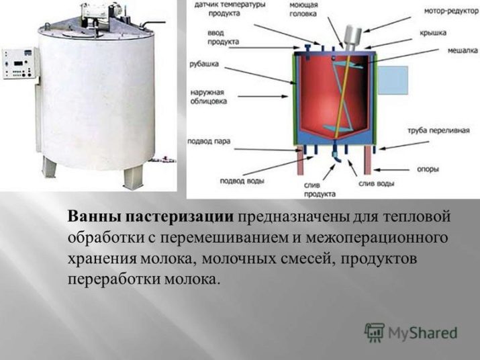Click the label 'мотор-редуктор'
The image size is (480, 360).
coord(451,11)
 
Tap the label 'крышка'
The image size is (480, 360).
coord(432,33)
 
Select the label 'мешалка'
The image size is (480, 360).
coord(463,50)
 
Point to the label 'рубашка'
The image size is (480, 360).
coord(204,64)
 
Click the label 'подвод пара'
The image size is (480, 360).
coord(209,141)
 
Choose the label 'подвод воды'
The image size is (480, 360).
coord(242,181)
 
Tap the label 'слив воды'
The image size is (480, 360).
coord(376,183)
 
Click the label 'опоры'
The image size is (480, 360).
coord(428,169)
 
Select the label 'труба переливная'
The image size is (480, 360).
coord(438,130)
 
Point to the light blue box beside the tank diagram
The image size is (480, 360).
coord(393,81)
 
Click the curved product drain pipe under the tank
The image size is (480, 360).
coord(337,154)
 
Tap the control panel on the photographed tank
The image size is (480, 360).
coord(21,64)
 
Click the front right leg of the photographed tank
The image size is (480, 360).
coord(133,178)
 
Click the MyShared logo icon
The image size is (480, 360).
coord(374,332)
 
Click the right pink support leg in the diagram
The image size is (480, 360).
coord(367,160)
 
